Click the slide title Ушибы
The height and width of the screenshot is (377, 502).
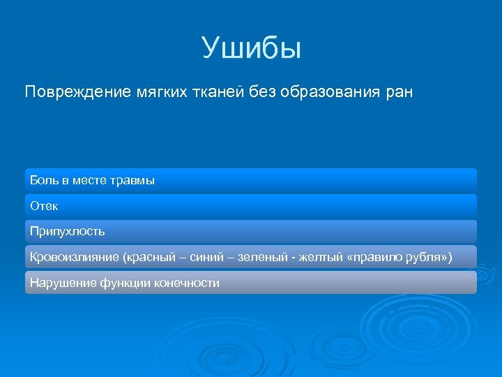tap(251, 48)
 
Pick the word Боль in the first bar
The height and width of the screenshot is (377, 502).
tap(43, 181)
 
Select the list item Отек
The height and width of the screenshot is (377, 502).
tap(44, 206)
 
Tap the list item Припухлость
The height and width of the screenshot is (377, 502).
tap(67, 231)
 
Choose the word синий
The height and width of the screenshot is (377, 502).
tap(204, 257)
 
